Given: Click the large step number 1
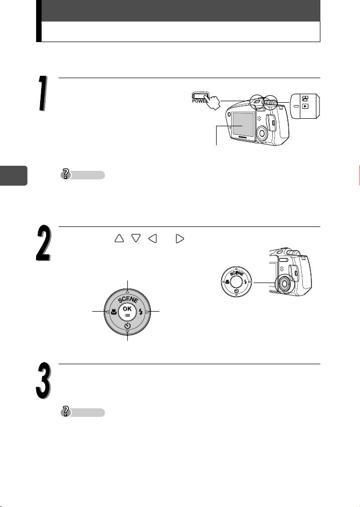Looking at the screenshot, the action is (x=42, y=93).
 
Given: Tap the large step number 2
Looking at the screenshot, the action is (x=43, y=243).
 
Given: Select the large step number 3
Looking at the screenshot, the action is (x=43, y=381).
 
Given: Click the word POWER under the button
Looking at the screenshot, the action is (x=199, y=101).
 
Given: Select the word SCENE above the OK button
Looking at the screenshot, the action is (x=127, y=299).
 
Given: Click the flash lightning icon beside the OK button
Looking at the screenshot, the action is (x=141, y=312).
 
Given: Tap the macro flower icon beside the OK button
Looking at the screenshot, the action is (x=114, y=312).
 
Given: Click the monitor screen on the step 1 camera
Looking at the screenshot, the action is (x=243, y=124).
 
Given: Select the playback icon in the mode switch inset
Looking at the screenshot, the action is (x=305, y=106).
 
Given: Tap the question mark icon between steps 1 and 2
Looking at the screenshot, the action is (x=66, y=175).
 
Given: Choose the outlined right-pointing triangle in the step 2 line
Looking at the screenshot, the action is (x=180, y=238).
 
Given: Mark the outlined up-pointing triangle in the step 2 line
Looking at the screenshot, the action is (x=119, y=238).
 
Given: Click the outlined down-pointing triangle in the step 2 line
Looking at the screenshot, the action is (x=136, y=238).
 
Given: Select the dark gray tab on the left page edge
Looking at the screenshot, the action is (x=14, y=175).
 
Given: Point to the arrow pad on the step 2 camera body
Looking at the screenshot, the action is (x=284, y=284).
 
